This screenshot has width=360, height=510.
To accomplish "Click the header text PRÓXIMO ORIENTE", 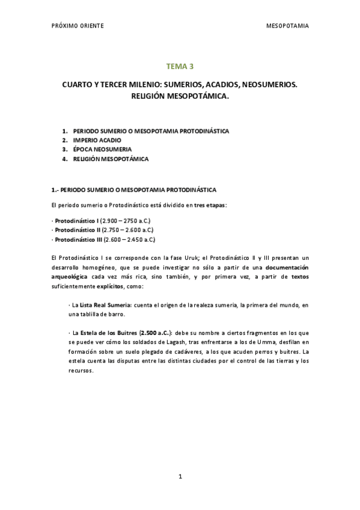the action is pos(78,26).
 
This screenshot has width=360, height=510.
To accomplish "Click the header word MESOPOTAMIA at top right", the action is pos(287,26).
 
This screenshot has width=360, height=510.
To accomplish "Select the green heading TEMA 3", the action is pos(180,67).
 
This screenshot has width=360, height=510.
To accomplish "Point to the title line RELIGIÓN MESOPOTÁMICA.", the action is pos(180,96).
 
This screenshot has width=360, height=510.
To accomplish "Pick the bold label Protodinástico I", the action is pos(77,221).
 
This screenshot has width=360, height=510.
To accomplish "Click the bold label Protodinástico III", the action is pos(79,239).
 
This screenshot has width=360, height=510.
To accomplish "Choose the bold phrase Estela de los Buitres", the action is pos(108,333).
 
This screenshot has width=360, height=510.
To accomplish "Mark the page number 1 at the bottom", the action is pos(180,476).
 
